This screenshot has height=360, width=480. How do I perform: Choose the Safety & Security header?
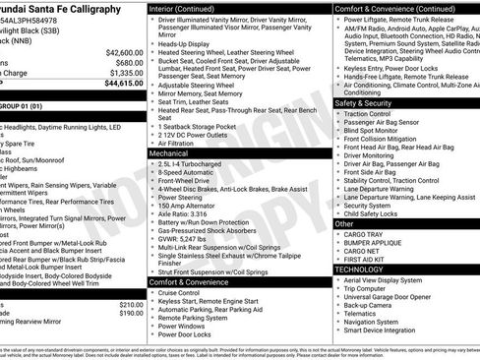click(x=369, y=102)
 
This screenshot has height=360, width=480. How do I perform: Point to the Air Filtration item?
click(x=182, y=144)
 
